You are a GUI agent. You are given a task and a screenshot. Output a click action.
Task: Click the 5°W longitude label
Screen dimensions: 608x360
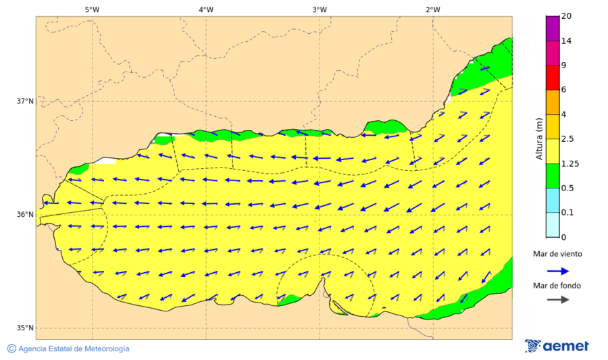coord(92,9)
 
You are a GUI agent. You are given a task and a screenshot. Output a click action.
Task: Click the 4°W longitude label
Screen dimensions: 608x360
coord(206,9)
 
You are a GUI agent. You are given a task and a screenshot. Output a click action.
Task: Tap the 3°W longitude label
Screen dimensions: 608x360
coord(320,9)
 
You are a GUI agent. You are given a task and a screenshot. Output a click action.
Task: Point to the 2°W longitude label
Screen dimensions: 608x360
coord(433,9)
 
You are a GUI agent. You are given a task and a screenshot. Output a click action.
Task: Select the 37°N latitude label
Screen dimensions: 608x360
coord(25,101)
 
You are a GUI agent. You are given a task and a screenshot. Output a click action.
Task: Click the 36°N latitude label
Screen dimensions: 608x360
coord(25,215)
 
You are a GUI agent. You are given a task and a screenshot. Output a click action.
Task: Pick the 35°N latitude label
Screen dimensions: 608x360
coord(25,328)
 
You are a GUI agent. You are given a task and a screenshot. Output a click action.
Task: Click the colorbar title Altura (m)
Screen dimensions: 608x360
coord(538,138)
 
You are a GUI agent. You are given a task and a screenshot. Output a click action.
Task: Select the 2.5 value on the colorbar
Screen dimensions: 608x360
coord(567,139)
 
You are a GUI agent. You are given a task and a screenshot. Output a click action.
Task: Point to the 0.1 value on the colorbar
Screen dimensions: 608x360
coord(567,213)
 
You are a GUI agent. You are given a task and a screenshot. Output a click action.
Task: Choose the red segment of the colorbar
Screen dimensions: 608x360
coord(552,78)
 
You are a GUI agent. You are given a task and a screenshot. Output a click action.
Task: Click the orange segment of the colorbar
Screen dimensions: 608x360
coord(552,102)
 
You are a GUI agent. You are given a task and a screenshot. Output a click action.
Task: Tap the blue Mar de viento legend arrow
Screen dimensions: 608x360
coord(557,270)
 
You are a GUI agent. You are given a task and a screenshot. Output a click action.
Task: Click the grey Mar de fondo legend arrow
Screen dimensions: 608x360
coord(557,300)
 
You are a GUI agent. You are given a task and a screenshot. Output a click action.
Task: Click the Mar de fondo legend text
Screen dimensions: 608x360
coord(557,286)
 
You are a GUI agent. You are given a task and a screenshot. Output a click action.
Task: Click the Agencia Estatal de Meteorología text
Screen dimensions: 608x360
coord(74,349)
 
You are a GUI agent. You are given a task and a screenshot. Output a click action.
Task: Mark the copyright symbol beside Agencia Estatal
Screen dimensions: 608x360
coord(11,349)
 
